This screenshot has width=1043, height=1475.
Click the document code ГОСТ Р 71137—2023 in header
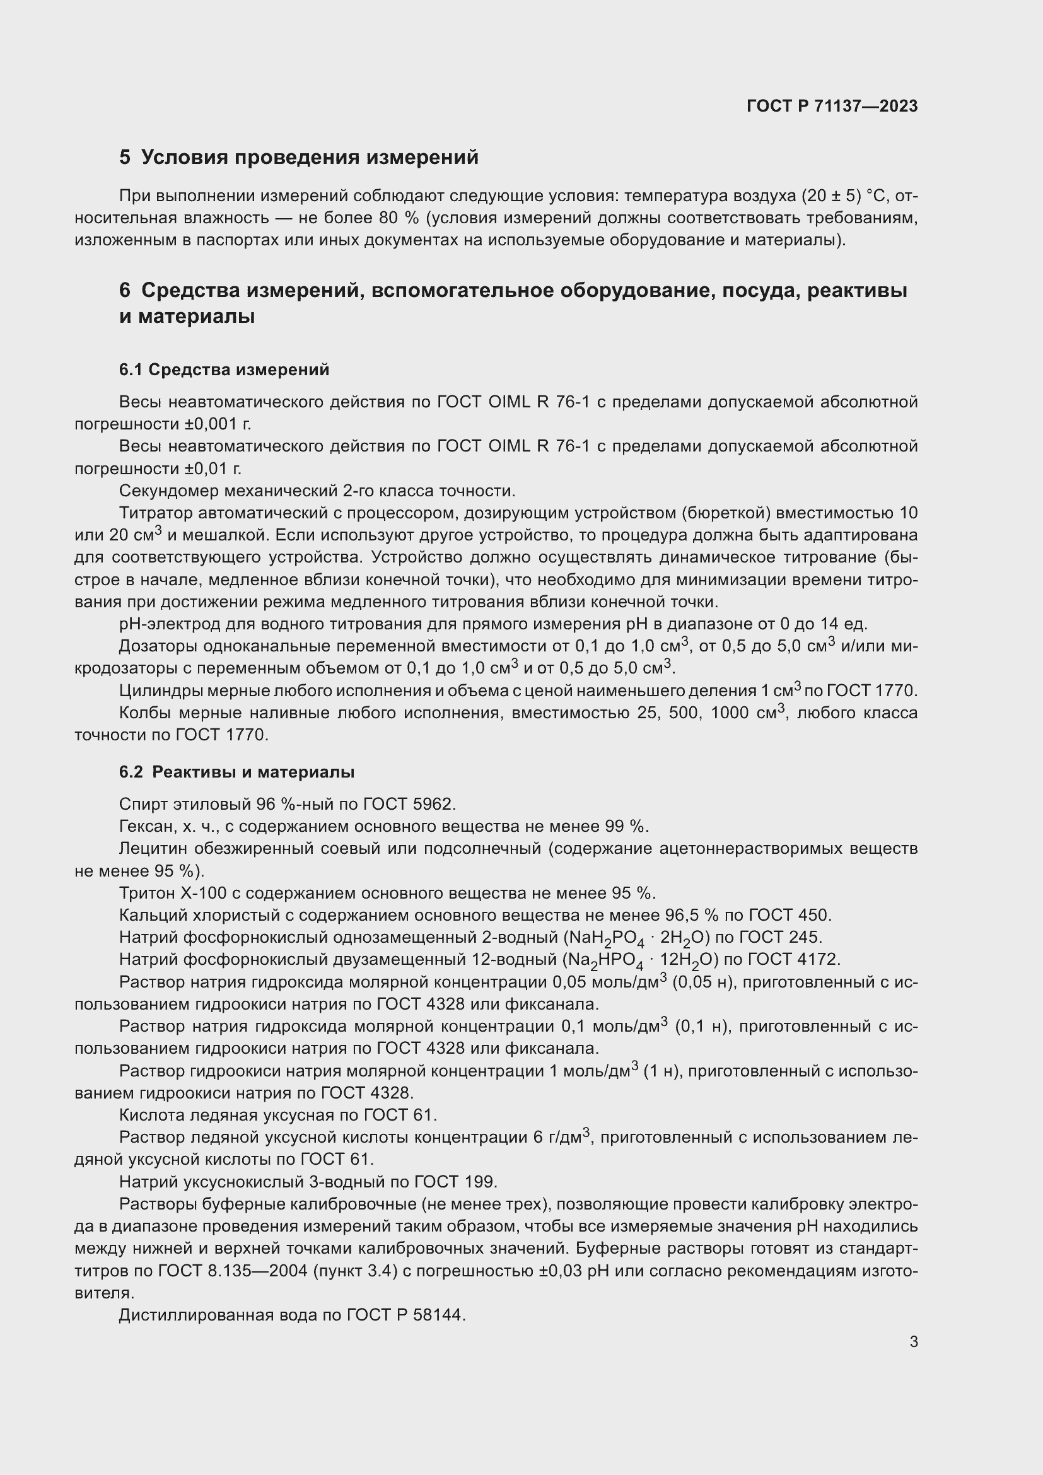pyautogui.click(x=832, y=107)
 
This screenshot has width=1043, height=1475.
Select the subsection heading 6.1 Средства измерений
pyautogui.click(x=224, y=370)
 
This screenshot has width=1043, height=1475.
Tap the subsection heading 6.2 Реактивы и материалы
pyautogui.click(x=236, y=772)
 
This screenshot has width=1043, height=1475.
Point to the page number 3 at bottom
pyautogui.click(x=913, y=1341)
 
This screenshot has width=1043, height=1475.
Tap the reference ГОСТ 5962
pyautogui.click(x=409, y=804)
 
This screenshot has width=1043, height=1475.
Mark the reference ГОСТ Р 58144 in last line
pyautogui.click(x=405, y=1315)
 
